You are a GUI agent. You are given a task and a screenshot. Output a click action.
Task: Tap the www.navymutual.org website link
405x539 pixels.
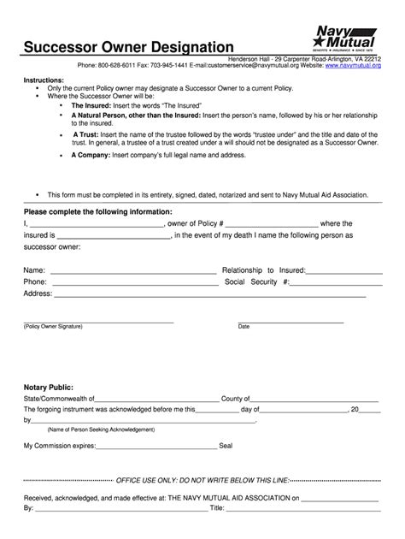(x=352, y=64)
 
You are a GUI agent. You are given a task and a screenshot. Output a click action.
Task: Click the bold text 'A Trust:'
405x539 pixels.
(x=88, y=134)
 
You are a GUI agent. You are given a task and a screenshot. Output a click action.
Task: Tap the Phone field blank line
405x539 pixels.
(x=132, y=282)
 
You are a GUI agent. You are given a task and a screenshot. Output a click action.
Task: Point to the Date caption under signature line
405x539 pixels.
(x=244, y=326)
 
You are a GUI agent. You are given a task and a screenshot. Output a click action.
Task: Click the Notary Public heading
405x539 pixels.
(x=50, y=384)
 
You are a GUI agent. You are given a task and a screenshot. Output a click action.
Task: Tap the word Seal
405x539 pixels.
(x=226, y=446)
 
